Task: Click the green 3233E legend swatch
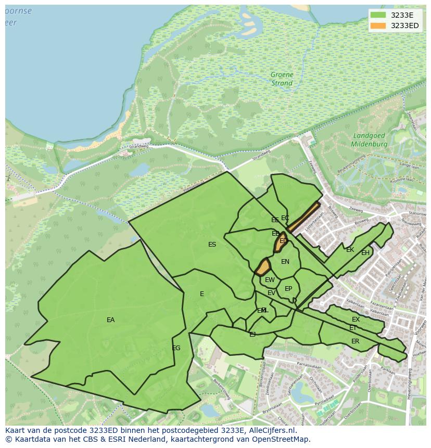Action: click(x=378, y=15)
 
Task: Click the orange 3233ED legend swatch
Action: click(x=378, y=25)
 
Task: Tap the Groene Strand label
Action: click(x=282, y=79)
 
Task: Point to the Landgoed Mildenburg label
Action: click(x=369, y=139)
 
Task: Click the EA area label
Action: click(x=110, y=320)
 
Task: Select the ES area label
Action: click(x=212, y=245)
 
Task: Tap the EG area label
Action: click(x=176, y=348)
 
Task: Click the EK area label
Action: click(x=350, y=250)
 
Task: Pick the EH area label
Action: click(x=365, y=253)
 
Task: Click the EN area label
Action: click(x=285, y=262)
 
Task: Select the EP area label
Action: click(x=288, y=289)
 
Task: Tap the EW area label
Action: click(x=270, y=280)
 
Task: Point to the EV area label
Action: click(x=271, y=293)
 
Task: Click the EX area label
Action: click(x=356, y=319)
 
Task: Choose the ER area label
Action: click(x=355, y=341)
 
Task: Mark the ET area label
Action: click(x=353, y=328)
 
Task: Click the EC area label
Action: click(x=285, y=218)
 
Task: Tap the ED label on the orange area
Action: click(x=283, y=241)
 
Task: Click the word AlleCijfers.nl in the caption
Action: click(x=271, y=430)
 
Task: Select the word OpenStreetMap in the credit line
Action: click(x=282, y=439)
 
